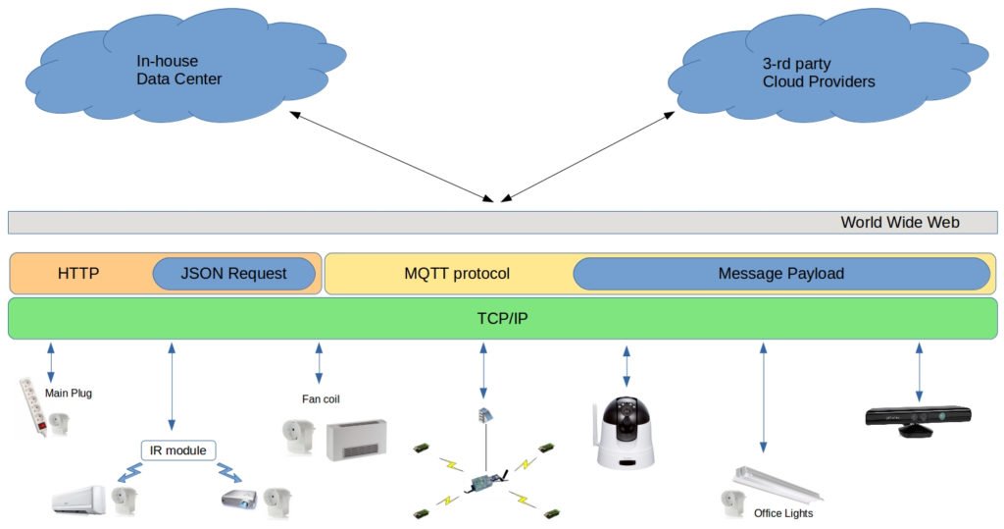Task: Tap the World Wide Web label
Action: click(899, 222)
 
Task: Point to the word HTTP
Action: click(78, 274)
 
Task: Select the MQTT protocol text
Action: click(457, 274)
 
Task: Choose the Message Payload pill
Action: click(780, 274)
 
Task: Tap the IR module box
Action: click(178, 450)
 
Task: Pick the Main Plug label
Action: click(69, 394)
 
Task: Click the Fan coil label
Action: click(321, 398)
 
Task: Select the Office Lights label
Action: click(783, 513)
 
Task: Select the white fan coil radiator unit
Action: click(356, 439)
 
